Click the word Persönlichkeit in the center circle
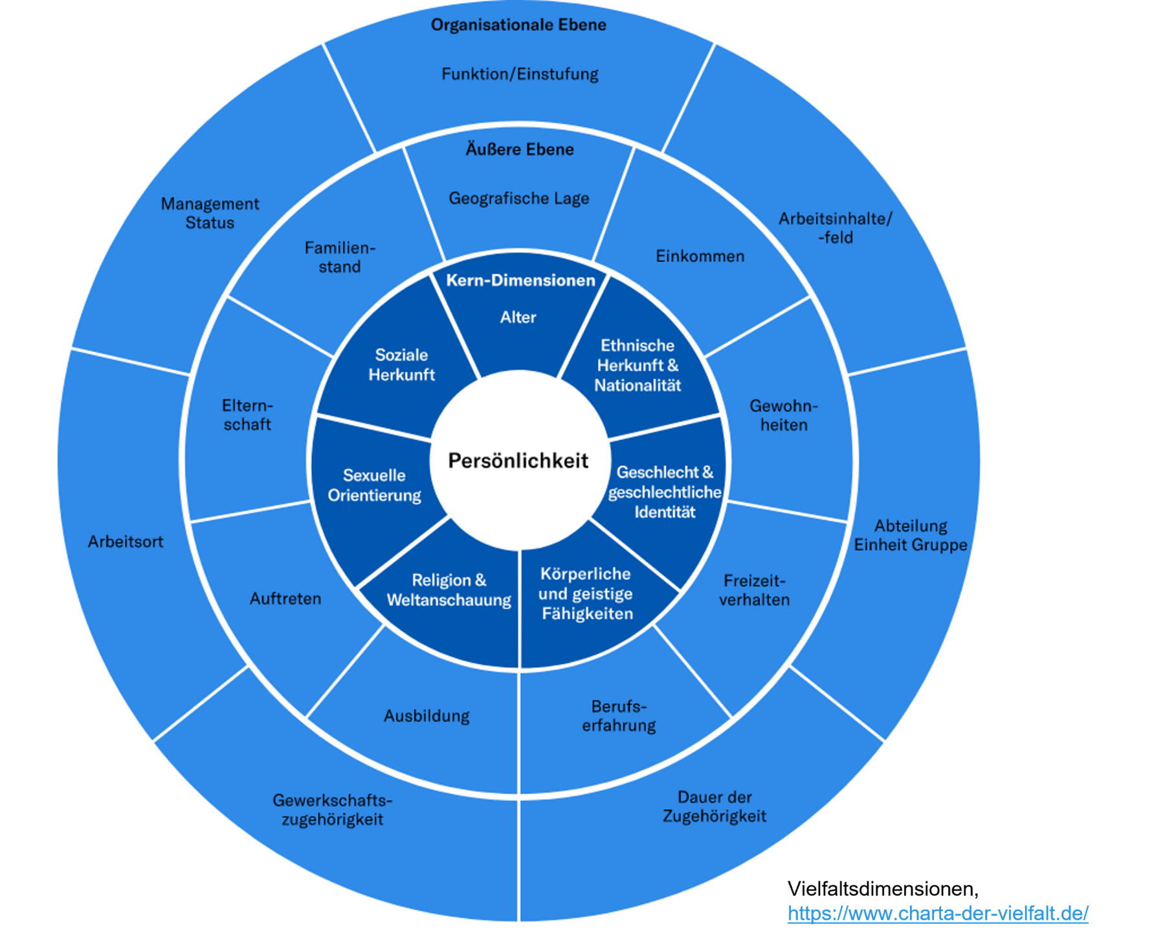(518, 461)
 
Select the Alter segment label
(518, 317)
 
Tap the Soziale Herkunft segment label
(401, 364)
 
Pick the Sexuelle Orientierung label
(374, 485)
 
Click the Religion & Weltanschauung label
(449, 590)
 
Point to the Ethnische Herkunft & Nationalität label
(638, 365)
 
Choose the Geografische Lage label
(519, 198)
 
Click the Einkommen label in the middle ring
(700, 256)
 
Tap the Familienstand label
(340, 257)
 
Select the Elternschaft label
(247, 415)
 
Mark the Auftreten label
(285, 599)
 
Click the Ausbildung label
(427, 716)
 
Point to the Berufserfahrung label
(619, 716)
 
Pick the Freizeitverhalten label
(754, 590)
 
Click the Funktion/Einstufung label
(520, 74)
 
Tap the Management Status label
(210, 213)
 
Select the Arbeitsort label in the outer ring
(126, 542)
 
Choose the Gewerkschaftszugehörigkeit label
(332, 810)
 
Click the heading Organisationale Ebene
(518, 25)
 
